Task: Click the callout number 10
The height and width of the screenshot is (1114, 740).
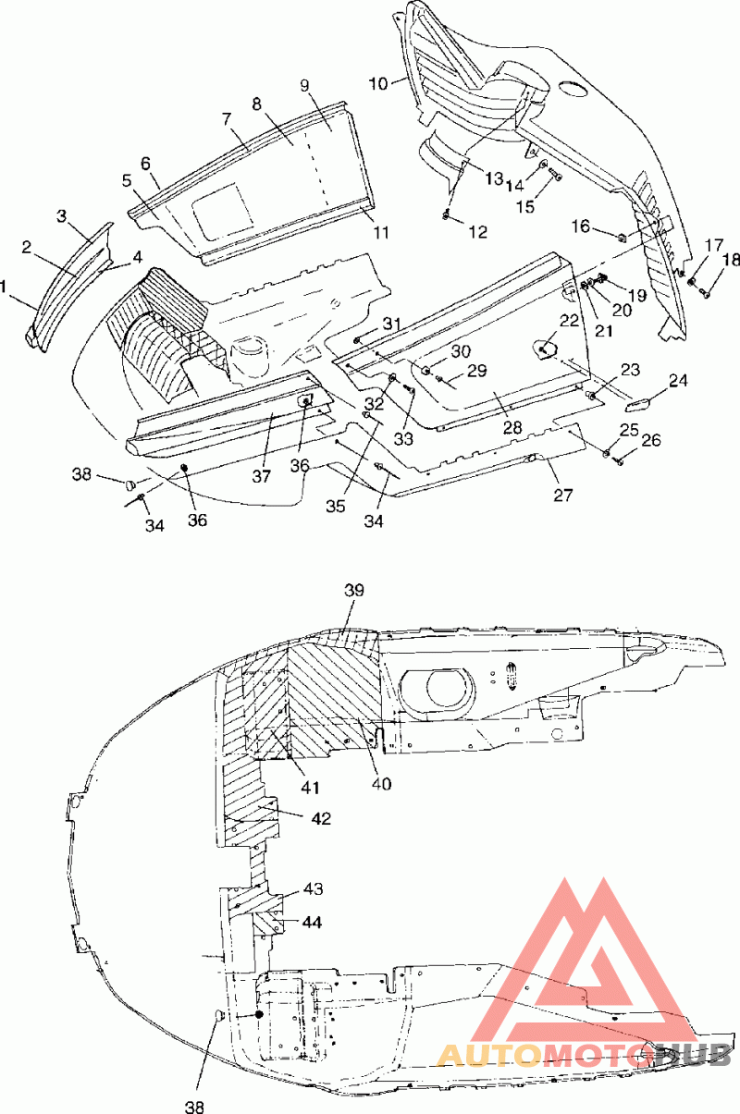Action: [378, 83]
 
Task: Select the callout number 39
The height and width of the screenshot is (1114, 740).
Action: [354, 590]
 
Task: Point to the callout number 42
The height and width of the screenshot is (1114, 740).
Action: [321, 818]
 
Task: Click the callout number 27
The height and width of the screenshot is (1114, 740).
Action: [562, 495]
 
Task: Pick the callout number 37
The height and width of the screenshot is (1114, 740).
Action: [261, 476]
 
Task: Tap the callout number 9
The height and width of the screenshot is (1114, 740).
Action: [304, 86]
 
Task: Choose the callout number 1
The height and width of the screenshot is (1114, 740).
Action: [4, 287]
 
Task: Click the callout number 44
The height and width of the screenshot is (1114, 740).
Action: [312, 922]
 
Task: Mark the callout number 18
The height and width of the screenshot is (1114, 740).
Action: [731, 260]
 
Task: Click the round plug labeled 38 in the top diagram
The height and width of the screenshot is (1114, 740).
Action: [131, 484]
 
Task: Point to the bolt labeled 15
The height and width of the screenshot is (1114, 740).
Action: [555, 174]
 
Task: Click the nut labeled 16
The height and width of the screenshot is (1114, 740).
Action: [622, 239]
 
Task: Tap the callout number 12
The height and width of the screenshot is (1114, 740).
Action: [477, 232]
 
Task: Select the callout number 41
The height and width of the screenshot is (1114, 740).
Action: [310, 788]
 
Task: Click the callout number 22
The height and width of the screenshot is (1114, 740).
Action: [569, 321]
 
